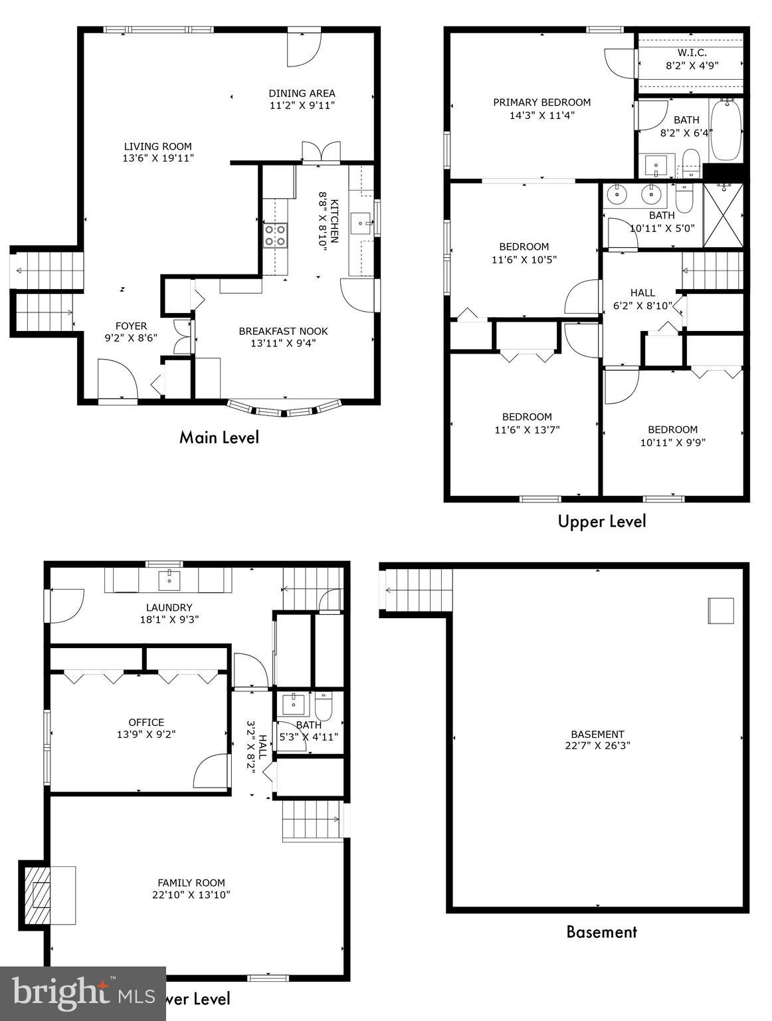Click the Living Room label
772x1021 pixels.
158,146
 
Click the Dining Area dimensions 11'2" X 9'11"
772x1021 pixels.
302,105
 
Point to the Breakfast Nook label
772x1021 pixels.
283,331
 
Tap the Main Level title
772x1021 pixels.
219,437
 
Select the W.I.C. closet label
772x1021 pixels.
692,53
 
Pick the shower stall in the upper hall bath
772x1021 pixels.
723,216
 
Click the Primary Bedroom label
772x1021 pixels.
541,102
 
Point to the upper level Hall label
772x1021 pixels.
642,292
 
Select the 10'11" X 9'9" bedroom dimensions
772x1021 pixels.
672,441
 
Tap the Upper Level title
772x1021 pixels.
601,522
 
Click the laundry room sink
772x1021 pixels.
170,580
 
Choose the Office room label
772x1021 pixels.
146,722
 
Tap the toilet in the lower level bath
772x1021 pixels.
324,704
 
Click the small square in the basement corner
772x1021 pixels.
720,610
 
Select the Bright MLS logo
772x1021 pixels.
82,993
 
